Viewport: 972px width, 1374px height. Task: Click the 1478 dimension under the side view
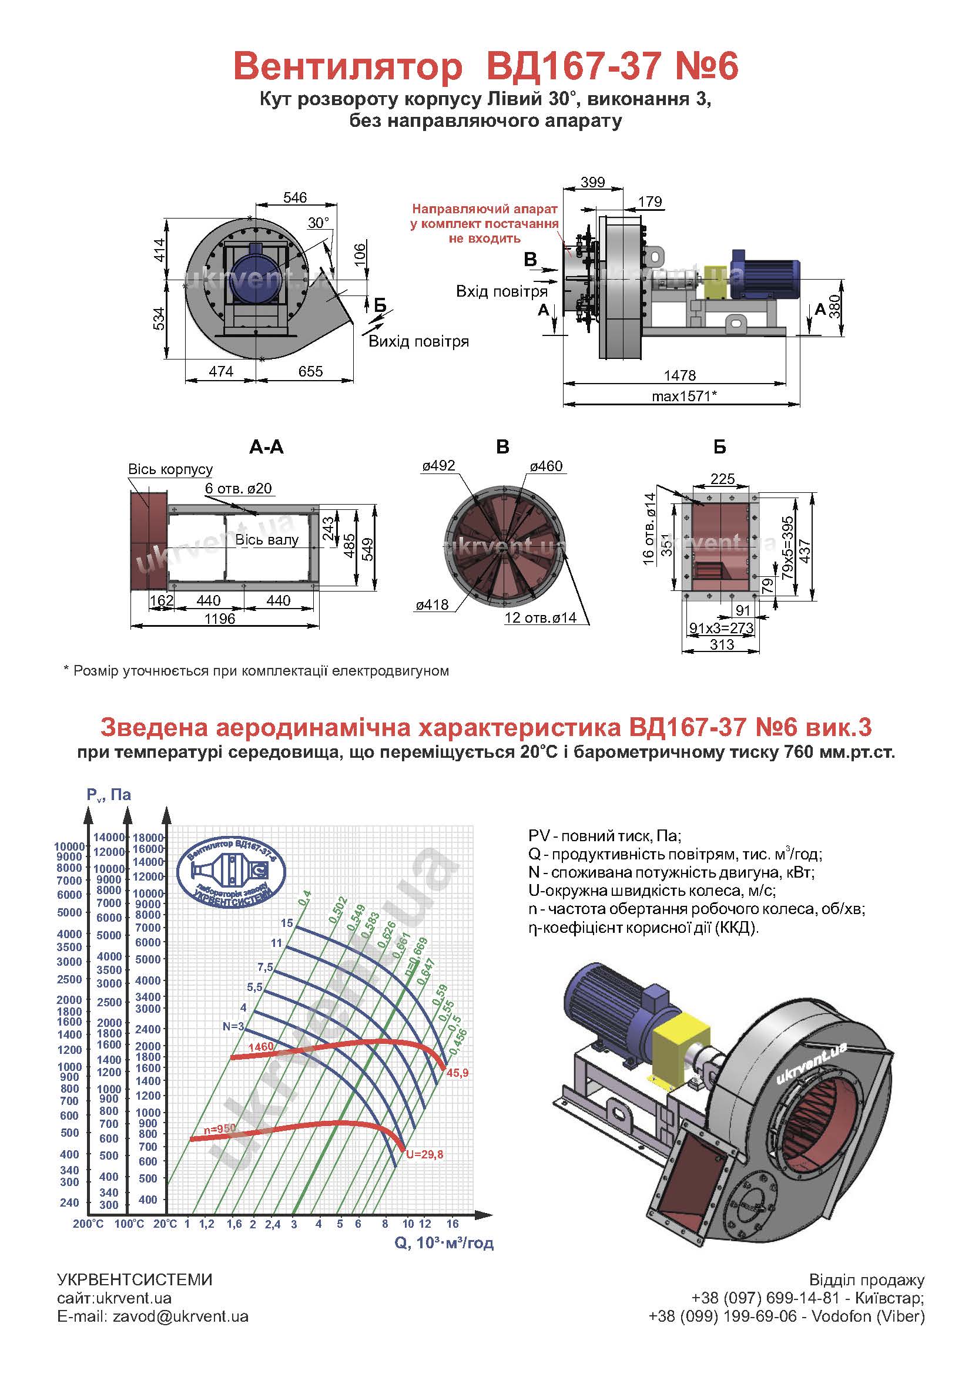click(x=680, y=375)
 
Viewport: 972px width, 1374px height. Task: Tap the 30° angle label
click(x=319, y=223)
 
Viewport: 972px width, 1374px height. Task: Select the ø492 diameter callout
click(x=439, y=466)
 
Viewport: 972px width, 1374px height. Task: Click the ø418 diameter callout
click(x=432, y=605)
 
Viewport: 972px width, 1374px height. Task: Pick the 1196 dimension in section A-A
click(x=220, y=618)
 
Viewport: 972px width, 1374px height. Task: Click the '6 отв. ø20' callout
click(x=238, y=488)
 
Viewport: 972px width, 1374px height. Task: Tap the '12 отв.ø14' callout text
click(x=541, y=617)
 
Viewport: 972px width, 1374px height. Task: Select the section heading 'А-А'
click(x=266, y=447)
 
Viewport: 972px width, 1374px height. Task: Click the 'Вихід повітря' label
click(x=418, y=342)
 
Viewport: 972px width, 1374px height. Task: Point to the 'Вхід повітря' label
click(x=501, y=291)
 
